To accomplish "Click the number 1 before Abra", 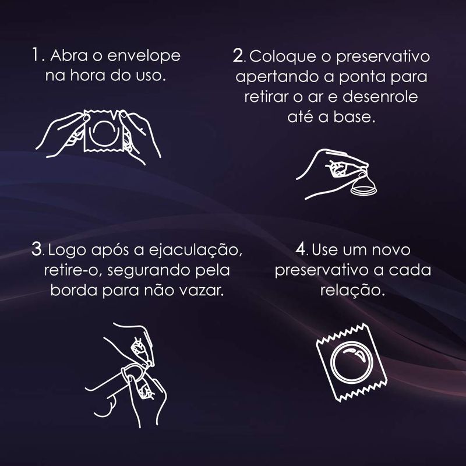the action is [x=36, y=55].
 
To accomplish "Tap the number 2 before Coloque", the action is [x=238, y=55].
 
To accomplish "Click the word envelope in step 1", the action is [x=144, y=57].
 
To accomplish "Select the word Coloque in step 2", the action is [x=283, y=57].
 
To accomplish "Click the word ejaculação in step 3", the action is [x=196, y=250].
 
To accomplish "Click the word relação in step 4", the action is [x=352, y=291].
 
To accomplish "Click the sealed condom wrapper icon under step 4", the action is [x=351, y=362].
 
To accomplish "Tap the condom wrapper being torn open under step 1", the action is [x=104, y=130].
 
